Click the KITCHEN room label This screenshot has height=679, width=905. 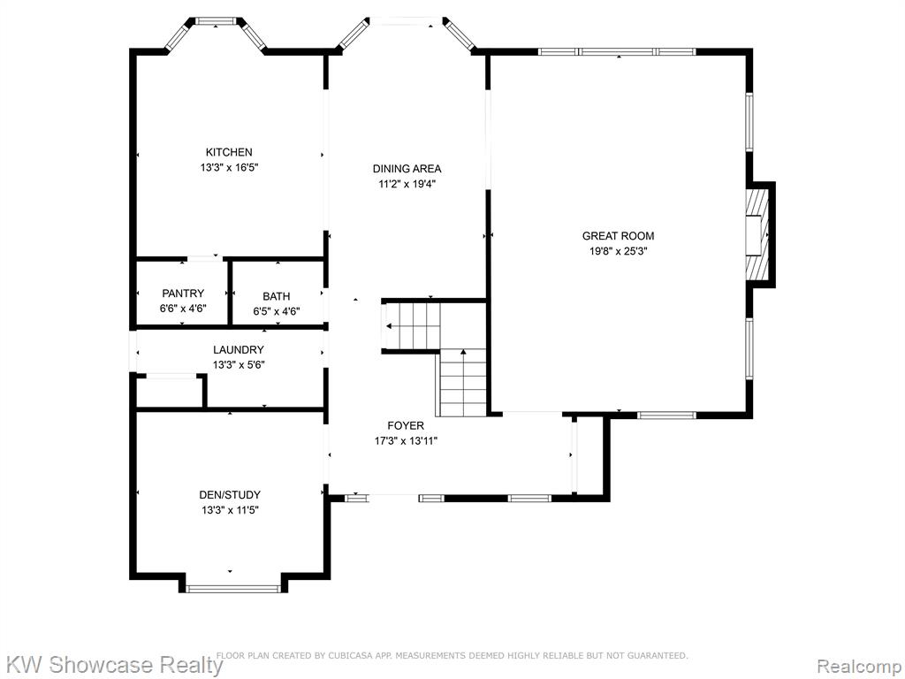229,152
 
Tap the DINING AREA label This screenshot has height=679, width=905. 407,169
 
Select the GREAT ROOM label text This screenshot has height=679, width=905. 618,236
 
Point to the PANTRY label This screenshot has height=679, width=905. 183,294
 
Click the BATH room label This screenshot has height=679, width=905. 277,297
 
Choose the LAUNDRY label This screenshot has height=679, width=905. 239,350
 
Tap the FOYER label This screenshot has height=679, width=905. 406,426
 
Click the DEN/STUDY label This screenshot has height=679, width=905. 230,495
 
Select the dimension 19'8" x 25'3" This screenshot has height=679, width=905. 618,252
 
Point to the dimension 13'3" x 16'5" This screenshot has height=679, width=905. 229,168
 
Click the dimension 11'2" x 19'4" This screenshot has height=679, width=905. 407,185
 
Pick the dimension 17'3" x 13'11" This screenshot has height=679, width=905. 406,442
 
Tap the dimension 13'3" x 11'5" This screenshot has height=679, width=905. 230,510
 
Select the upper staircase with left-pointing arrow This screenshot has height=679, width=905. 413,326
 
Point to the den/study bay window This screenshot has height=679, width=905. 233,589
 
